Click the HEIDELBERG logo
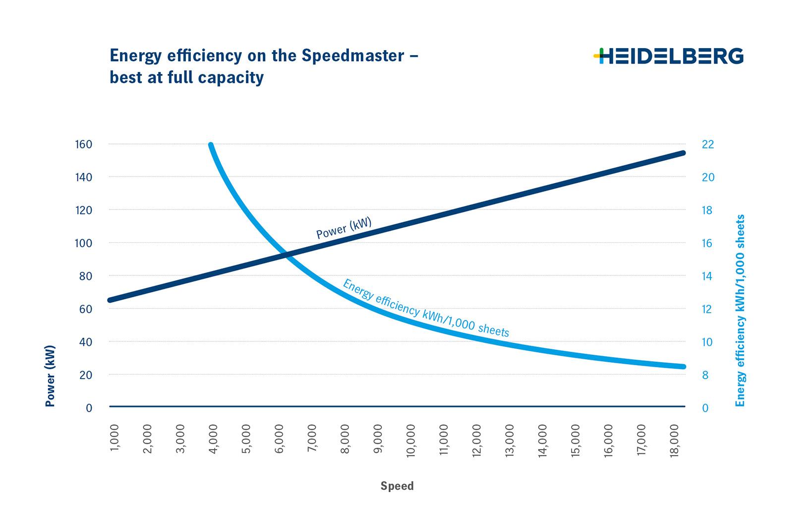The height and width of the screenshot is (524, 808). pyautogui.click(x=668, y=56)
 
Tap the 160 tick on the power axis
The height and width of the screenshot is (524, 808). pyautogui.click(x=84, y=144)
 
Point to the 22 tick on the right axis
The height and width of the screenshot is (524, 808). pyautogui.click(x=708, y=144)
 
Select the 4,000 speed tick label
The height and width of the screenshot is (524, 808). pyautogui.click(x=213, y=439)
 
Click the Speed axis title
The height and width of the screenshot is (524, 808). pyautogui.click(x=397, y=486)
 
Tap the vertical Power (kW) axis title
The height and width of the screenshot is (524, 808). pyautogui.click(x=50, y=376)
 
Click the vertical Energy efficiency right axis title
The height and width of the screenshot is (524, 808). pyautogui.click(x=740, y=311)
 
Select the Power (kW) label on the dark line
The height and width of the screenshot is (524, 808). pyautogui.click(x=344, y=228)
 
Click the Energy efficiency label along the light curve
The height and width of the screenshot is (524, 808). pyautogui.click(x=426, y=308)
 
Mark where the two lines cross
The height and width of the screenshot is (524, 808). pyautogui.click(x=286, y=256)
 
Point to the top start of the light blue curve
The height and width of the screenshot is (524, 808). pyautogui.click(x=211, y=145)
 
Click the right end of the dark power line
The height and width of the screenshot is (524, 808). pyautogui.click(x=683, y=153)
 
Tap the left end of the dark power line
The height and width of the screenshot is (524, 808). pyautogui.click(x=110, y=300)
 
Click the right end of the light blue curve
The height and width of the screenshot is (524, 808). pyautogui.click(x=683, y=367)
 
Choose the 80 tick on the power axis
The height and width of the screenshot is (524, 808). pyautogui.click(x=86, y=276)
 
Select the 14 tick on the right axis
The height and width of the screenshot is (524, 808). pyautogui.click(x=708, y=276)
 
